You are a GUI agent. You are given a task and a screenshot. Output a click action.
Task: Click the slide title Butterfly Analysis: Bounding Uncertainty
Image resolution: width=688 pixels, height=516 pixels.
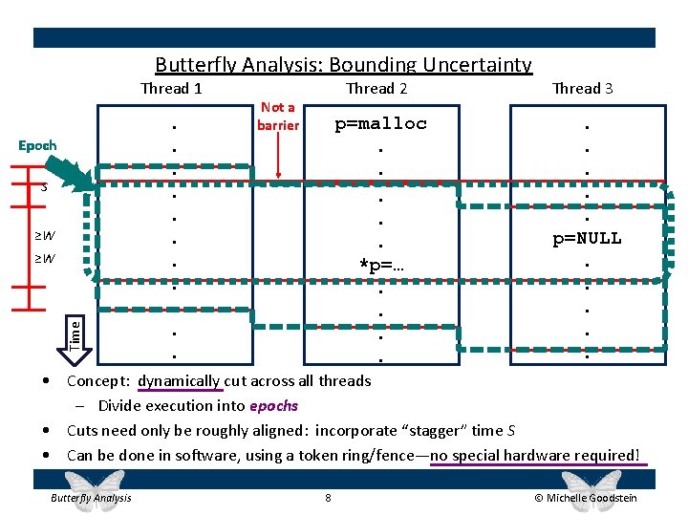point(343,65)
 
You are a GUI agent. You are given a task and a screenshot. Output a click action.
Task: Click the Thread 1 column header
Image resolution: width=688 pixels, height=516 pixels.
point(171,89)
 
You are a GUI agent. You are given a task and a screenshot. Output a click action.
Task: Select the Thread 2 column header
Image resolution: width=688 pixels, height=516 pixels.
point(376,89)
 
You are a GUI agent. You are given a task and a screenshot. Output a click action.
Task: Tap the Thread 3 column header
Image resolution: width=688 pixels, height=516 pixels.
point(583,89)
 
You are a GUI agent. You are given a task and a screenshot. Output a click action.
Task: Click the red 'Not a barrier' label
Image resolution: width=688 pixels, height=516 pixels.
point(278,116)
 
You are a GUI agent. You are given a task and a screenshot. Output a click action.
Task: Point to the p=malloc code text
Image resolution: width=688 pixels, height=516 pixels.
point(379,123)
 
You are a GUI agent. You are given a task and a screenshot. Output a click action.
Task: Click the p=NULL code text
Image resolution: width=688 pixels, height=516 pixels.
point(587,238)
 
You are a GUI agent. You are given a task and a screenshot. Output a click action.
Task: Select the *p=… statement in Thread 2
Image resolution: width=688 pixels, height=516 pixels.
point(381,264)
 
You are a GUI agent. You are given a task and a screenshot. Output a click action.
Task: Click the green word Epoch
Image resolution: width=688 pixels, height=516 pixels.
point(37,145)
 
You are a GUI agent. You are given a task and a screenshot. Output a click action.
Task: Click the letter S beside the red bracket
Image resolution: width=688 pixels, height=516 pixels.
point(43,188)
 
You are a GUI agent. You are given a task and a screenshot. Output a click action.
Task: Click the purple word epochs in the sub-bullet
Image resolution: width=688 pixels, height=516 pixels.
point(273,405)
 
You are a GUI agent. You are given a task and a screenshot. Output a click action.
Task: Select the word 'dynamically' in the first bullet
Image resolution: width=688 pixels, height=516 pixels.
point(180,380)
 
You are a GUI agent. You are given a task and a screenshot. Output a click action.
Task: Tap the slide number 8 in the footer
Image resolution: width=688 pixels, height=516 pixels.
point(328,498)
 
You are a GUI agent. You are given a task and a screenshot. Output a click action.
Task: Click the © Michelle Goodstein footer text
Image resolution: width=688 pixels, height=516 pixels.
point(586,498)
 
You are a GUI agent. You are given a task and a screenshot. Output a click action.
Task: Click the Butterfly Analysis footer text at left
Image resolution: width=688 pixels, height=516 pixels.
point(91,498)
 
